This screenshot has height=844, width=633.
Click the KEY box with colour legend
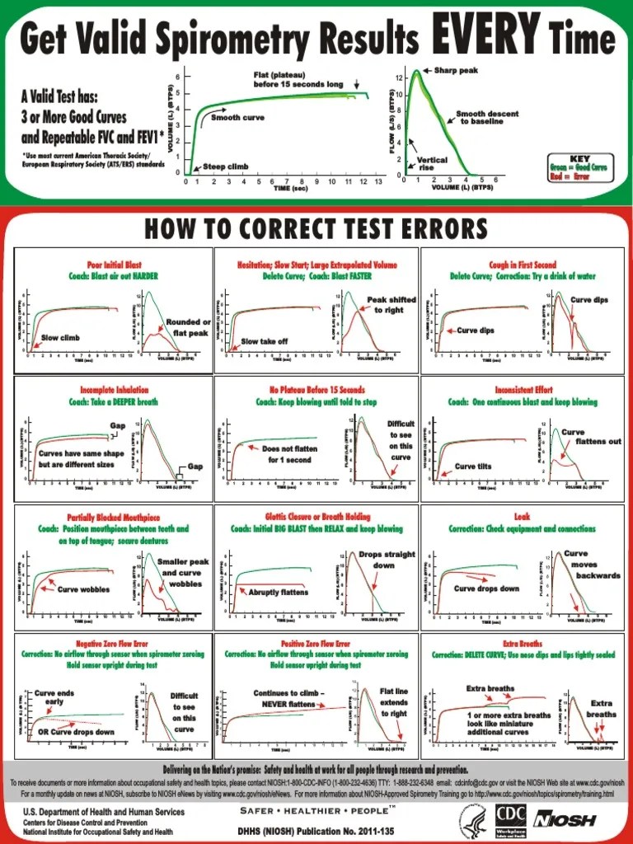coord(579,163)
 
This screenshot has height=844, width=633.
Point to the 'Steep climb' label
coord(225,166)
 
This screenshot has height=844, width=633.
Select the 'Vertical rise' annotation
coord(432,163)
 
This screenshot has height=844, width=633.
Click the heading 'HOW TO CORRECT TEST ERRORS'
coord(316,228)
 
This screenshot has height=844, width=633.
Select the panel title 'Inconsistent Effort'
coord(523,390)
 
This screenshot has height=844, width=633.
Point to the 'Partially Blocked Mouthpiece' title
coord(113,517)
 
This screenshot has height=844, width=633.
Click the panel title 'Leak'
coord(523,517)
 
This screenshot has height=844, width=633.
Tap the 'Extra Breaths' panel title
coord(523,643)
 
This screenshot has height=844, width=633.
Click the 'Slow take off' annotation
coord(264,340)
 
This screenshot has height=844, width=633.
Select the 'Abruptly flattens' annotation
coord(278,592)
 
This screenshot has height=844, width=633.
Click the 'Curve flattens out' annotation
coord(592,437)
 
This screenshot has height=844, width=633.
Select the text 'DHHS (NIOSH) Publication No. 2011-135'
coord(315,831)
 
